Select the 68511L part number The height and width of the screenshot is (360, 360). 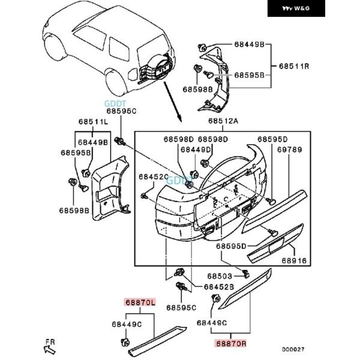[93, 122]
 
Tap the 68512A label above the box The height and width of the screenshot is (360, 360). [223, 122]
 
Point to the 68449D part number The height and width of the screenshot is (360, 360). [196, 149]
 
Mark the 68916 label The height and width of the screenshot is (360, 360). [294, 262]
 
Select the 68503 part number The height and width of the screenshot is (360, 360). [220, 276]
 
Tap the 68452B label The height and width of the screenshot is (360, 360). [220, 287]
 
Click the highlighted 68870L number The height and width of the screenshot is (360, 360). [140, 304]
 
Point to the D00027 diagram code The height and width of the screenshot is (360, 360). [294, 349]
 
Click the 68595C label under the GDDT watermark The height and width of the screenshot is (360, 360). [122, 111]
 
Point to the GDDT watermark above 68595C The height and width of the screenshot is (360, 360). [112, 103]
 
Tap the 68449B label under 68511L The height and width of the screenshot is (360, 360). [92, 143]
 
